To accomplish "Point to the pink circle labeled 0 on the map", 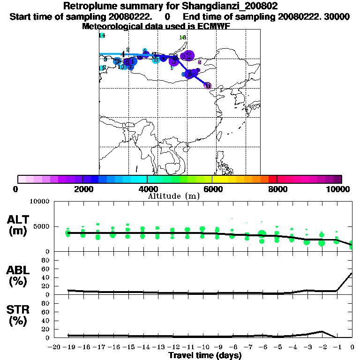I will coord(208,86).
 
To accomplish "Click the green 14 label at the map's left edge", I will coord(102,36).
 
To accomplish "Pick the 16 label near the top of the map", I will coord(183,37).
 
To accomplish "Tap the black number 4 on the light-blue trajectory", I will coord(123,54).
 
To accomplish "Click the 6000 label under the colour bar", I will coord(212,189).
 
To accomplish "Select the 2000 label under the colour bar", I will coord(82,189).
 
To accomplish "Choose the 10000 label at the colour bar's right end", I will coord(338,189).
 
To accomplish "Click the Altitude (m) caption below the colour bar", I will coord(173,196).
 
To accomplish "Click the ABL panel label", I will coord(17,270).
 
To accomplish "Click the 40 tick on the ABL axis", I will coord(46,277).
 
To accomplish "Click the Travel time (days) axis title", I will coord(205,355).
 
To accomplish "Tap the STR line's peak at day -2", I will coord(322,331).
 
